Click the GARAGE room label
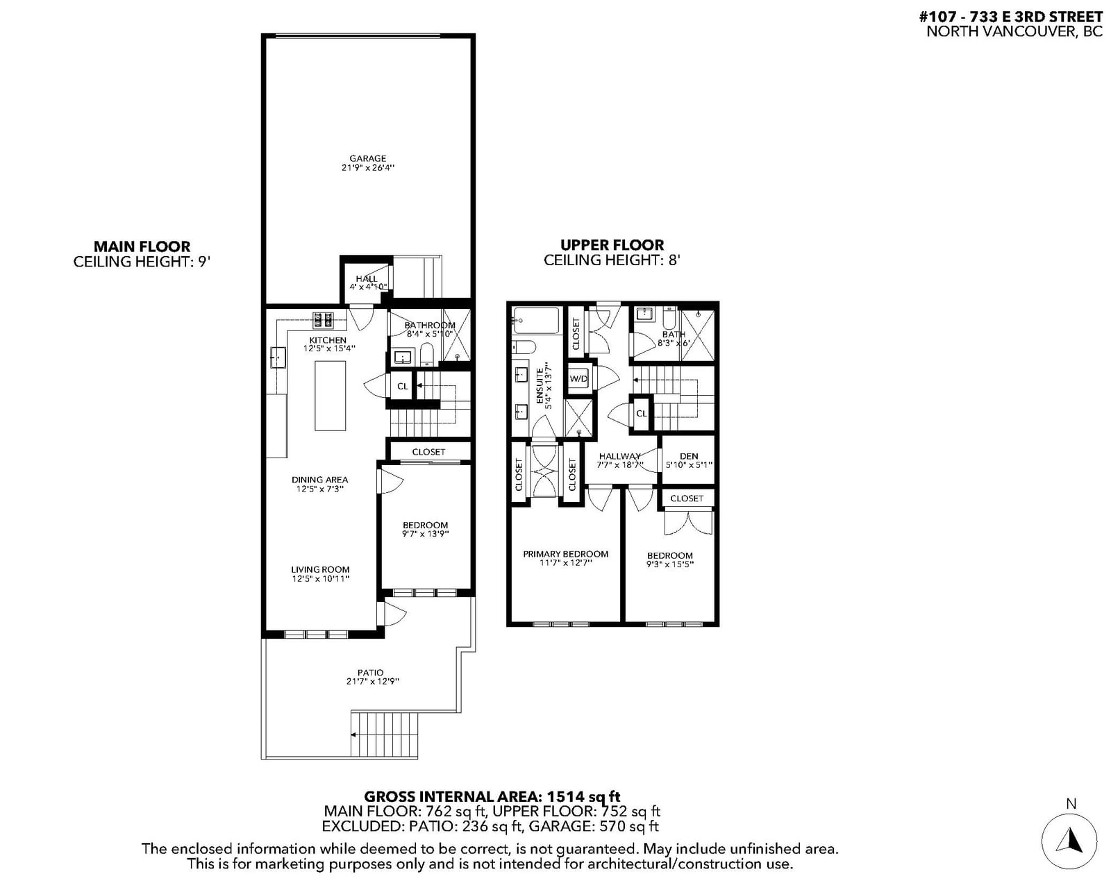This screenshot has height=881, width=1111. tap(367, 158)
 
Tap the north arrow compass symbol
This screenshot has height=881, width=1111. tap(1069, 841)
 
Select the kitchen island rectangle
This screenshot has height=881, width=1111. tap(331, 396)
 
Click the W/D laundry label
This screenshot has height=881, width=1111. tap(578, 379)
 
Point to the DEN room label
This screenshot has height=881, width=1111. tap(689, 456)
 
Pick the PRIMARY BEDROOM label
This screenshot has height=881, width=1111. tap(566, 554)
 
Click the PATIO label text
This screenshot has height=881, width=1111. tap(371, 673)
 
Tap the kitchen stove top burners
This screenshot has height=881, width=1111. tap(322, 320)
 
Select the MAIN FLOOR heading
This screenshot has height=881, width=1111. tap(142, 246)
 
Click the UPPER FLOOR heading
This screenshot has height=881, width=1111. tap(612, 244)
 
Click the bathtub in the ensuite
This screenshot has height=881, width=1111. tap(536, 321)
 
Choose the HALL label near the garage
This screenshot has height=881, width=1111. tap(367, 278)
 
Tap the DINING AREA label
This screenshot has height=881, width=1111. tap(319, 480)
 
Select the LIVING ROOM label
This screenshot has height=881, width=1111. tap(320, 570)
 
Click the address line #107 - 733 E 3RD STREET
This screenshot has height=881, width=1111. tap(1011, 17)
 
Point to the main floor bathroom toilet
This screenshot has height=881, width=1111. tap(427, 355)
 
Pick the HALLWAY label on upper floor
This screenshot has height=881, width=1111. tap(619, 456)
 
